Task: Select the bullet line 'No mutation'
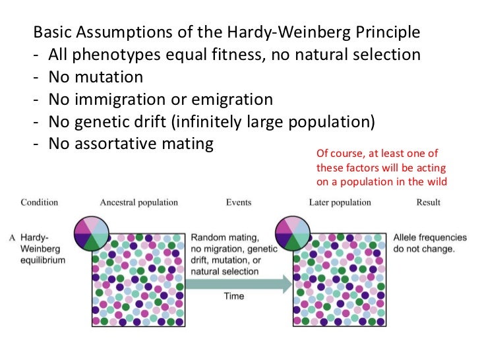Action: click(96, 77)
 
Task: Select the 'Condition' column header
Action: click(40, 202)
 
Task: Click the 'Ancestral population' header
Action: click(138, 202)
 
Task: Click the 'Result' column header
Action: click(428, 202)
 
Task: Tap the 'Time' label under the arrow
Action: click(234, 296)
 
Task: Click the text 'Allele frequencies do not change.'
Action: click(429, 243)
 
